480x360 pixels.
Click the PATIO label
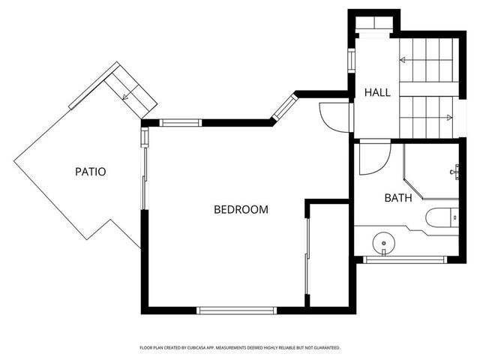90,172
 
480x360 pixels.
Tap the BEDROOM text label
241,210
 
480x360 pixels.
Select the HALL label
377,93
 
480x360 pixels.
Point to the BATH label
397,199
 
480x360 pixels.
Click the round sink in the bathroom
384,243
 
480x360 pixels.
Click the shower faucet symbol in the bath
455,172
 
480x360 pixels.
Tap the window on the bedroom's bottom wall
235,309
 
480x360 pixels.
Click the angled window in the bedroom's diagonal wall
284,107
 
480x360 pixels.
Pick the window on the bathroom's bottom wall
405,259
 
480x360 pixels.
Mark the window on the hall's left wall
351,60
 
